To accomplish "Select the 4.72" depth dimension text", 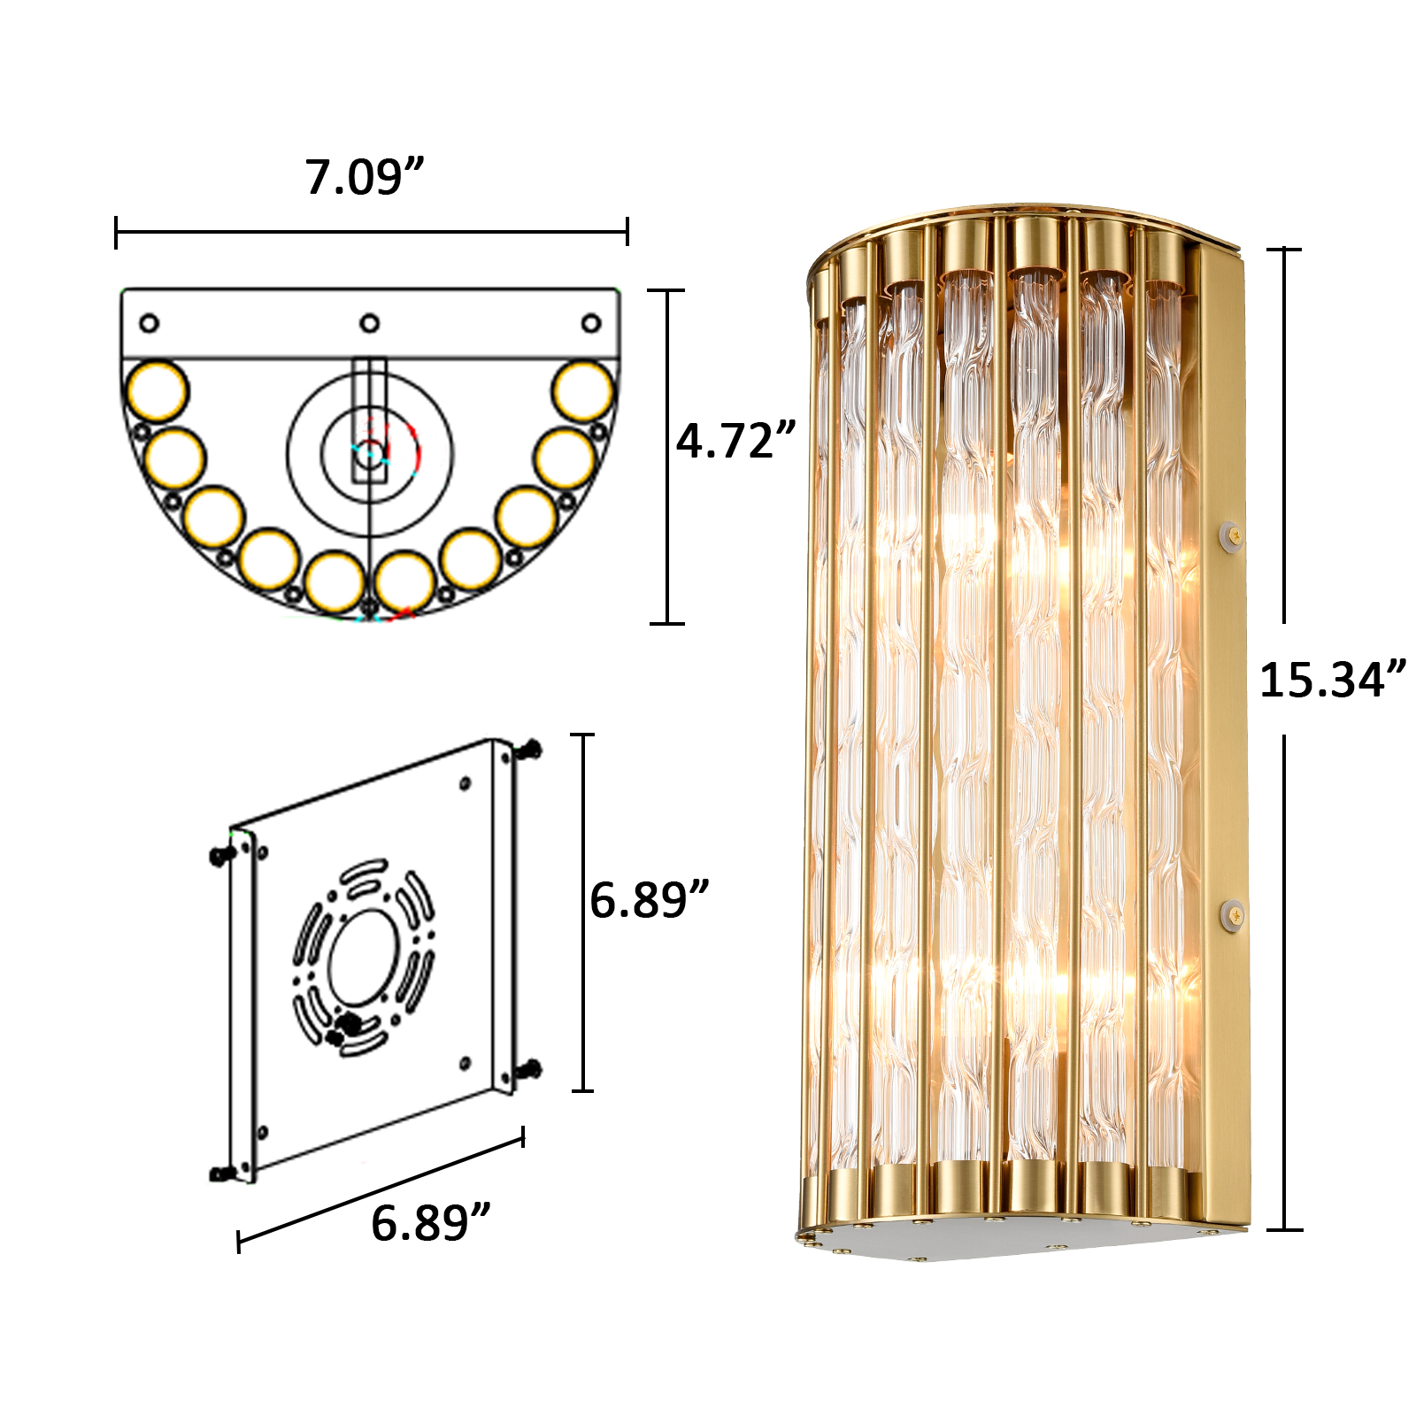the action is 736,440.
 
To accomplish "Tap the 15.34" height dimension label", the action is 1333,680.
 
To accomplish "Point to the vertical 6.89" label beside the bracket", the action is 650,900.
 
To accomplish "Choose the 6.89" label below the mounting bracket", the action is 430,1223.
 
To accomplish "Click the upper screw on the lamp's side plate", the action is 1229,533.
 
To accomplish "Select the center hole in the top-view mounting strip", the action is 370,323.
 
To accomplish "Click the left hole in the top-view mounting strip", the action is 150,323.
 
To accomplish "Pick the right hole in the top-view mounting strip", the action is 591,323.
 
